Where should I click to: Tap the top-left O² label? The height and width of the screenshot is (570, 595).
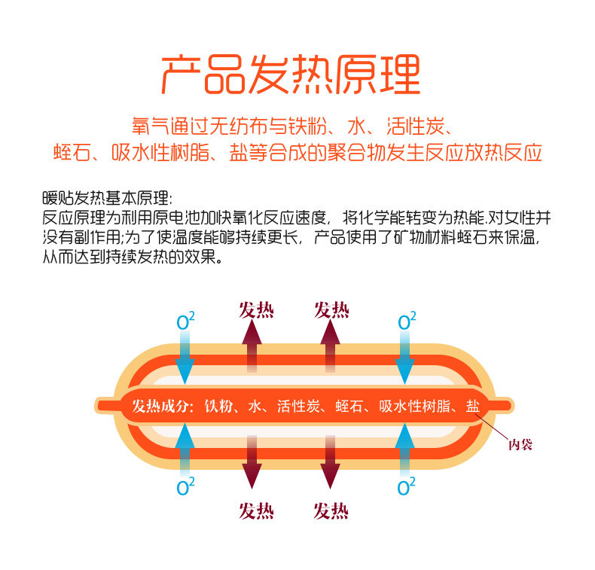[x=185, y=322]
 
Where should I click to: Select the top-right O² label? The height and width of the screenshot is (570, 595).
[x=406, y=322]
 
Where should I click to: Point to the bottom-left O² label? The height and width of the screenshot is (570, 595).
[x=185, y=487]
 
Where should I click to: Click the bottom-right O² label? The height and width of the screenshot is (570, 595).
[x=406, y=487]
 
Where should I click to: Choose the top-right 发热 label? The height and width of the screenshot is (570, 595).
[x=331, y=309]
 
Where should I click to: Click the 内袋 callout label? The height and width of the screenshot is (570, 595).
[x=520, y=444]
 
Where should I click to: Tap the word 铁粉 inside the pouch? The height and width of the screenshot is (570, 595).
[x=220, y=407]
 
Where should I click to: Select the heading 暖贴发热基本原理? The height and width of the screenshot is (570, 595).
[x=107, y=200]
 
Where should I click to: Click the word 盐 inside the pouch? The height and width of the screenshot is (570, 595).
[x=472, y=407]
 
